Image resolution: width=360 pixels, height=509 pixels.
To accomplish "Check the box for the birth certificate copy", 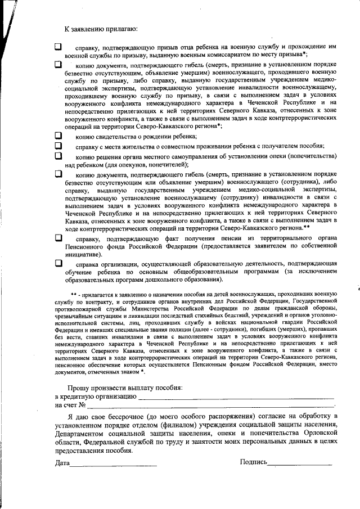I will click(x=58, y=136).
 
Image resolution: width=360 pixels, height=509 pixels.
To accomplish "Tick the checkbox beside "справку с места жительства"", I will click(x=58, y=146).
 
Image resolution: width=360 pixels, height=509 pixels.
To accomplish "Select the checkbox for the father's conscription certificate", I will click(x=58, y=47).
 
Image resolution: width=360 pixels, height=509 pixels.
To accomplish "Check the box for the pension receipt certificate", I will click(x=58, y=238).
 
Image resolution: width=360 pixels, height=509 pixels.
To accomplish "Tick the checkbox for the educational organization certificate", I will click(x=58, y=263).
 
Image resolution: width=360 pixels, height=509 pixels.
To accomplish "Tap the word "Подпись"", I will click(x=253, y=462).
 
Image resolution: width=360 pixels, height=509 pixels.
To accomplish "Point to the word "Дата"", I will click(x=62, y=462).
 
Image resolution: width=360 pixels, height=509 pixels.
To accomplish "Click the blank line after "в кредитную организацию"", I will click(x=236, y=398).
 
